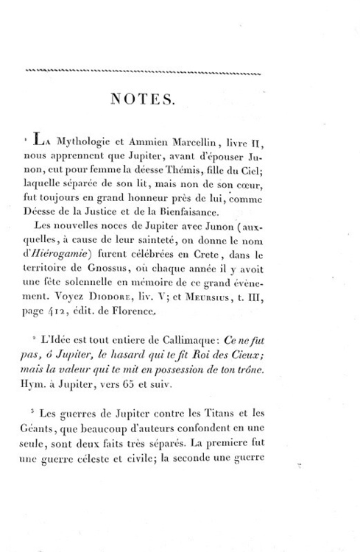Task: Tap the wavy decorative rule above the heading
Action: [144, 71]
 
